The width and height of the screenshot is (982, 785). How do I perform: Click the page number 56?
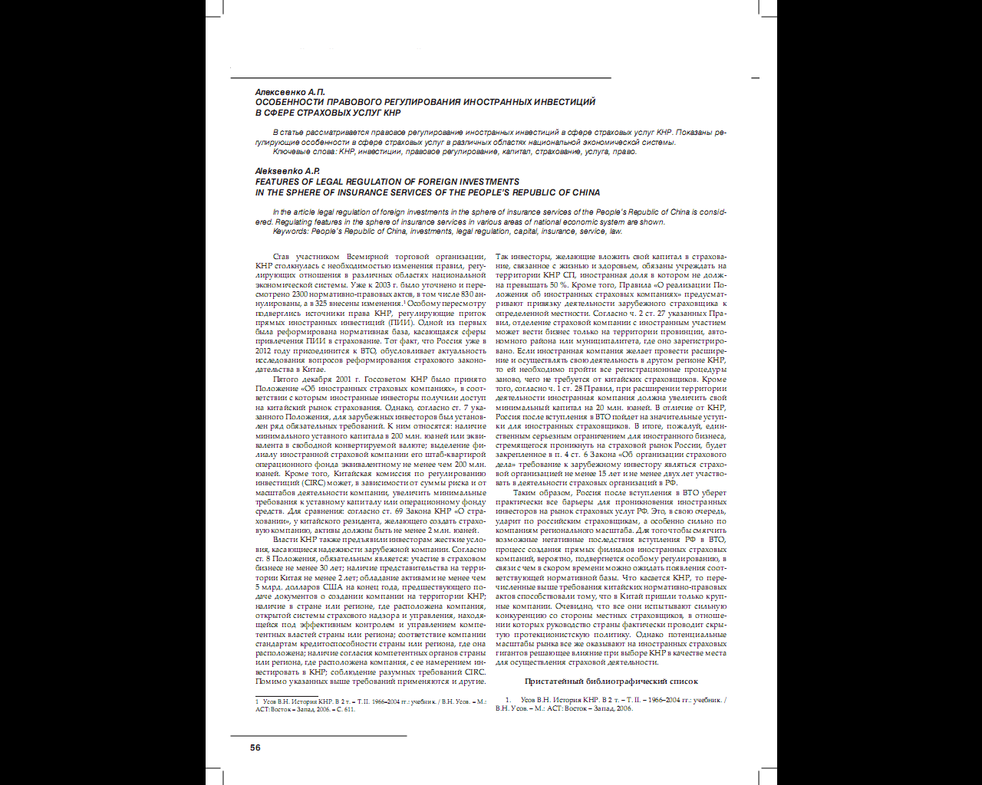click(255, 747)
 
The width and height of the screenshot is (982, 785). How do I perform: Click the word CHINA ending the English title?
click(586, 192)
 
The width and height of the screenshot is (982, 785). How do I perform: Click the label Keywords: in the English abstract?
click(292, 231)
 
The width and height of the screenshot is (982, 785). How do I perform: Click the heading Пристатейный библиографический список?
click(611, 681)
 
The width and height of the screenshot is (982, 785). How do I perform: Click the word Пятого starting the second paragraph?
click(287, 379)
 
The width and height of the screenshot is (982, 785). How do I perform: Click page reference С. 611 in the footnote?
click(344, 710)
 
